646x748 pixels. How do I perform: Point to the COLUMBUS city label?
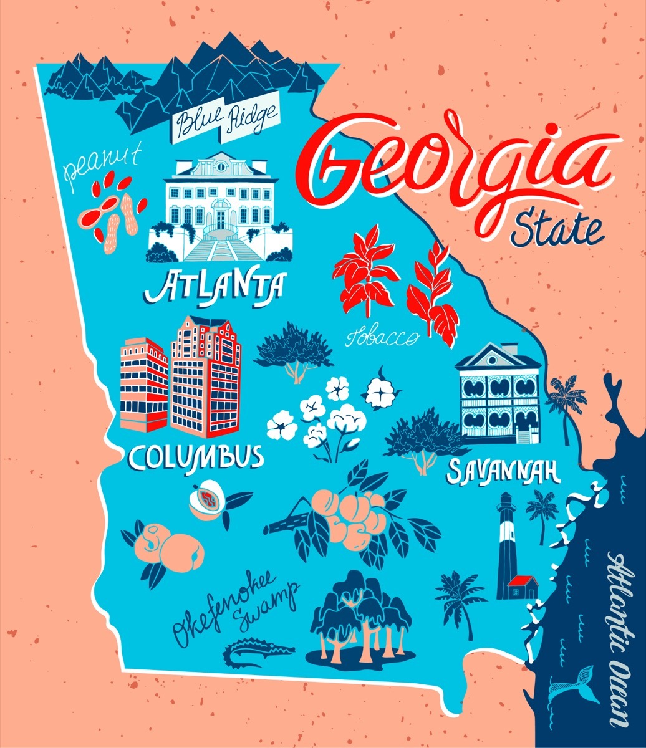(195, 457)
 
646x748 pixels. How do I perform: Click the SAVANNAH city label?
(502, 471)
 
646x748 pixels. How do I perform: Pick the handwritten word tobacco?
(382, 337)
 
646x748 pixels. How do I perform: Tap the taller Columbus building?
(205, 377)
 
